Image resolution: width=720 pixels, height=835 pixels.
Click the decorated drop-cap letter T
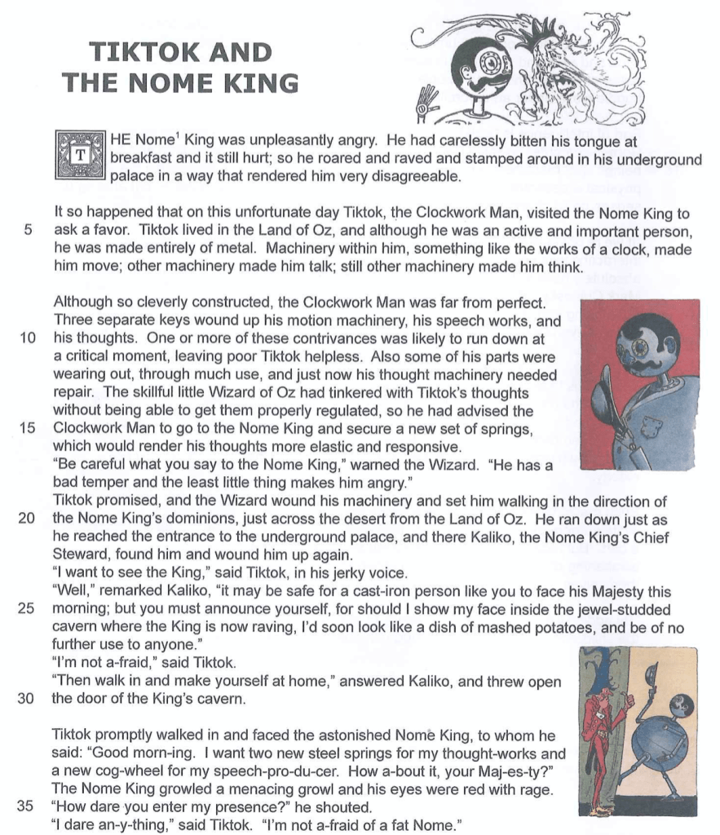pyautogui.click(x=79, y=154)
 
